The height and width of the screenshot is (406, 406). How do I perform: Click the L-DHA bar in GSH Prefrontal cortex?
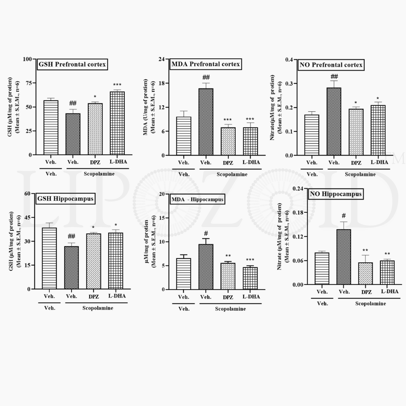click(117, 123)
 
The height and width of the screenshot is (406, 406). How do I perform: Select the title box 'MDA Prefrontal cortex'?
click(205, 64)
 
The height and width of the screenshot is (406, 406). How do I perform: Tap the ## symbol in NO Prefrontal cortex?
click(334, 77)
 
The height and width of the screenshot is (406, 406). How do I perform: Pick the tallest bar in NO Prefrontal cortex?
click(334, 121)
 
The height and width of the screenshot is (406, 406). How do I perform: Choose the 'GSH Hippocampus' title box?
click(65, 198)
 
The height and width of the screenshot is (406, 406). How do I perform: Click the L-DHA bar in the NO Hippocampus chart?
click(387, 273)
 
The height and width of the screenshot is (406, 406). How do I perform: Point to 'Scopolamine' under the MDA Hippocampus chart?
click(230, 309)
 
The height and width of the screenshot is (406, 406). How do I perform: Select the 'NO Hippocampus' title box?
click(335, 194)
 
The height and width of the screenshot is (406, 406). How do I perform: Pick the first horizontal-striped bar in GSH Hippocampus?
click(49, 258)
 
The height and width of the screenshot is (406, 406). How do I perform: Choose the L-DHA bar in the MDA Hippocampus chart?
click(250, 278)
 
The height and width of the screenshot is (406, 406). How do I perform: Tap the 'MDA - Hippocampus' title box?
click(197, 199)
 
